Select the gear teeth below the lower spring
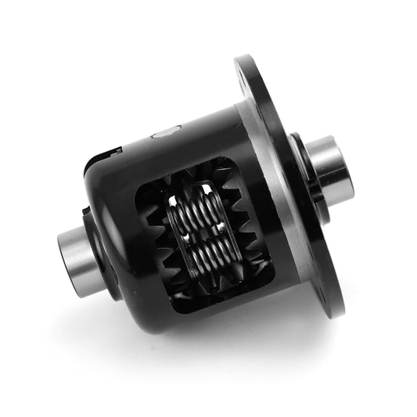207,291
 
